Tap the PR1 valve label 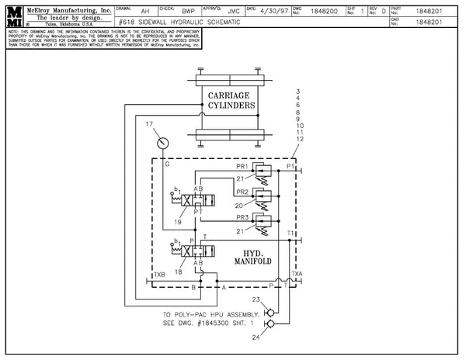[x=242, y=167]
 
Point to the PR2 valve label [x=242, y=191]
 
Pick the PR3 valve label [x=242, y=220]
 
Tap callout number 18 [x=179, y=272]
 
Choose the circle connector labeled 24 [x=269, y=325]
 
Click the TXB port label [x=159, y=275]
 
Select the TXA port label [x=297, y=275]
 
